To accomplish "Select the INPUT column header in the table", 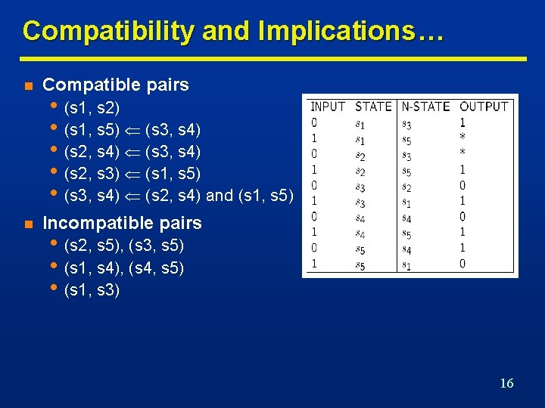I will pos(328,107).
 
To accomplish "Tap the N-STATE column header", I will pos(425,107).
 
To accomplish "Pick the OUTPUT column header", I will pos(484,107).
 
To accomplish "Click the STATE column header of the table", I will pos(373,107).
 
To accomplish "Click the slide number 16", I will pos(506,383).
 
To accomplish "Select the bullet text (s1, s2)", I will pos(93,107).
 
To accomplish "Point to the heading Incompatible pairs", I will pos(122,223).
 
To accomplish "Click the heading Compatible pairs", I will pos(116,85).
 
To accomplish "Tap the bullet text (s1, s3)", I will pos(93,289).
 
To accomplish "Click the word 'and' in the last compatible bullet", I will pos(220,196).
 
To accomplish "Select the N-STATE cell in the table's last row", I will pos(406,264).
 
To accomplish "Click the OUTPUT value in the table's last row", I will pos(462,264).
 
